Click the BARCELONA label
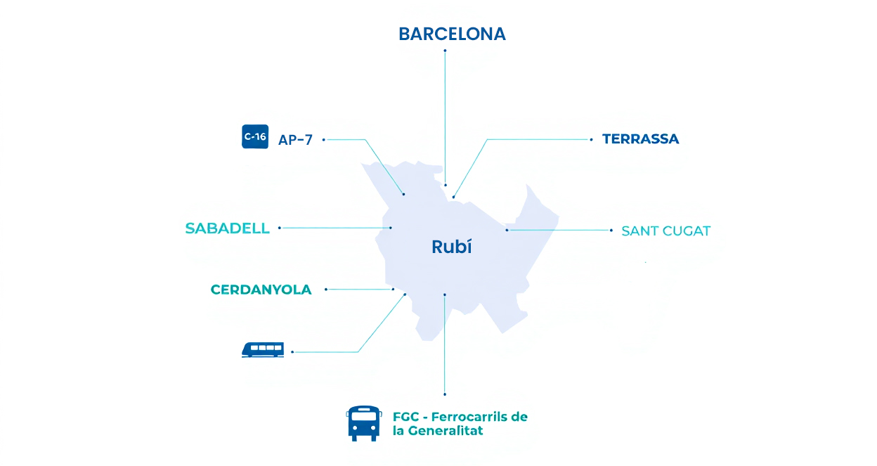452,34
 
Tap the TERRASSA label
640,139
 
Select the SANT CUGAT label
665,231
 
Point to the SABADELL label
227,228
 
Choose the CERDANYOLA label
261,290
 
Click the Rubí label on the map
451,247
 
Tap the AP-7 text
295,140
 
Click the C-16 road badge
254,136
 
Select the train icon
263,349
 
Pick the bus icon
363,423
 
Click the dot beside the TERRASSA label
592,139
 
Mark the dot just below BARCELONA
445,51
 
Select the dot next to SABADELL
280,228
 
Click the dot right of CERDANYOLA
326,289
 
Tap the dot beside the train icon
292,351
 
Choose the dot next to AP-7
323,139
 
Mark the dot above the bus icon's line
445,394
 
